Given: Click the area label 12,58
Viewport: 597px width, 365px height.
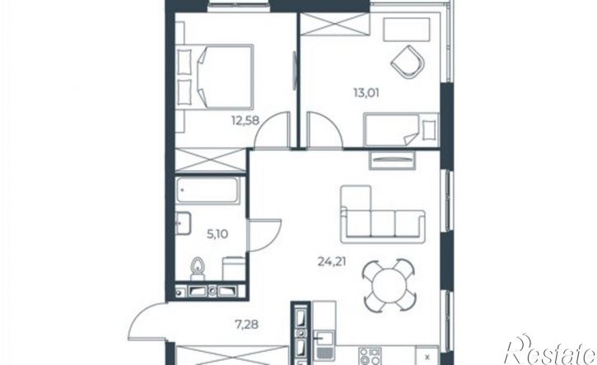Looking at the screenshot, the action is (x=245, y=121).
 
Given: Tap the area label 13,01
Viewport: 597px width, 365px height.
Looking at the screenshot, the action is (x=366, y=93).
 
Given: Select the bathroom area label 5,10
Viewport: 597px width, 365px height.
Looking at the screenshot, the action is (x=217, y=234).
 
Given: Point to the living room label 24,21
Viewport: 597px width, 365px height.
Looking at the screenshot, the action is (x=332, y=261).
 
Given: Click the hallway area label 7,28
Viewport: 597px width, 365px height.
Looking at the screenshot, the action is (x=247, y=325).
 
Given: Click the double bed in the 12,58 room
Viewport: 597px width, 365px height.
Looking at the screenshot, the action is (x=215, y=77).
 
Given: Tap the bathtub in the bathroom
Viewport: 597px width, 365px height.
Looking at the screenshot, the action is (x=208, y=190).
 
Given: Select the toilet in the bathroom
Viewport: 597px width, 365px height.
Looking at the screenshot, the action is (x=198, y=269).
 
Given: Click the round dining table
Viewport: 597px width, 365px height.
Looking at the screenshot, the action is (x=389, y=285).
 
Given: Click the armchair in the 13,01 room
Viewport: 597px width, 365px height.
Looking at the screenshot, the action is (x=408, y=62).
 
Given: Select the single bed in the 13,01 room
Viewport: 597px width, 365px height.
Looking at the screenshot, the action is (x=401, y=129).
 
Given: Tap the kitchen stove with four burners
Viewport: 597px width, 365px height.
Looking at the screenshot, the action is (x=370, y=356).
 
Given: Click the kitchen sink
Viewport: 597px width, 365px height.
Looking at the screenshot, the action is (x=324, y=344).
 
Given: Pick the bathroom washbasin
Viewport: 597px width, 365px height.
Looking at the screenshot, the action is (x=183, y=224).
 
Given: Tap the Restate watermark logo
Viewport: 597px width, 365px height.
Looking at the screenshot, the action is (x=550, y=350).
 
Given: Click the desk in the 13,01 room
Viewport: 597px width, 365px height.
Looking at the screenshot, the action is (x=407, y=30).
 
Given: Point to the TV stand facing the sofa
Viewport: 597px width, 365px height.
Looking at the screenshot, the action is (x=392, y=160).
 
